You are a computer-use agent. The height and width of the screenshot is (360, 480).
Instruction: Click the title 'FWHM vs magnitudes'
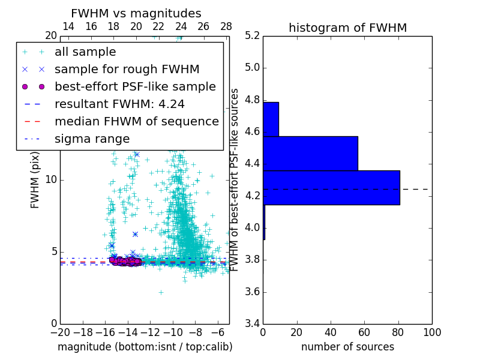tap(136, 13)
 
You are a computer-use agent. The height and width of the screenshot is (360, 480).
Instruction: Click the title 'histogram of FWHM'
tap(347, 28)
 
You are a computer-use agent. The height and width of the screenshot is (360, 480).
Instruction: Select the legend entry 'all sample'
tap(85, 52)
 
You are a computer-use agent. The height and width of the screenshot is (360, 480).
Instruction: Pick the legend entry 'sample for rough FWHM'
tap(127, 69)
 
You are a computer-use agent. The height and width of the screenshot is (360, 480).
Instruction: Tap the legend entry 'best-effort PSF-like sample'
tap(135, 86)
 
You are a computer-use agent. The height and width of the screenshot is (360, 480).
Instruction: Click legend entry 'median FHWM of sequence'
tap(136, 121)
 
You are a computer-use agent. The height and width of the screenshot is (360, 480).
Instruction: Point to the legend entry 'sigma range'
tap(92, 139)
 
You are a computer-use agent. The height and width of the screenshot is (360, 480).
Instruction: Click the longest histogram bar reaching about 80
tap(331, 187)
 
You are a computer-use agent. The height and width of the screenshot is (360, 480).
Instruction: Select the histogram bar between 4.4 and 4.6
tap(310, 153)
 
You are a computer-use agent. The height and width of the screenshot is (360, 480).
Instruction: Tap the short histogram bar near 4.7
tap(271, 119)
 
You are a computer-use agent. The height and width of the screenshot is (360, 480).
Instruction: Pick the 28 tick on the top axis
tap(226, 26)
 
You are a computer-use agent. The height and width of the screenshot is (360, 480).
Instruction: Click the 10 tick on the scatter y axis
tap(52, 179)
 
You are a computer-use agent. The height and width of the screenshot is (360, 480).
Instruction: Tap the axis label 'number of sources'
tap(347, 347)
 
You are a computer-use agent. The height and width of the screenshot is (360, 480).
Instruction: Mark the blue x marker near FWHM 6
tap(135, 234)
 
